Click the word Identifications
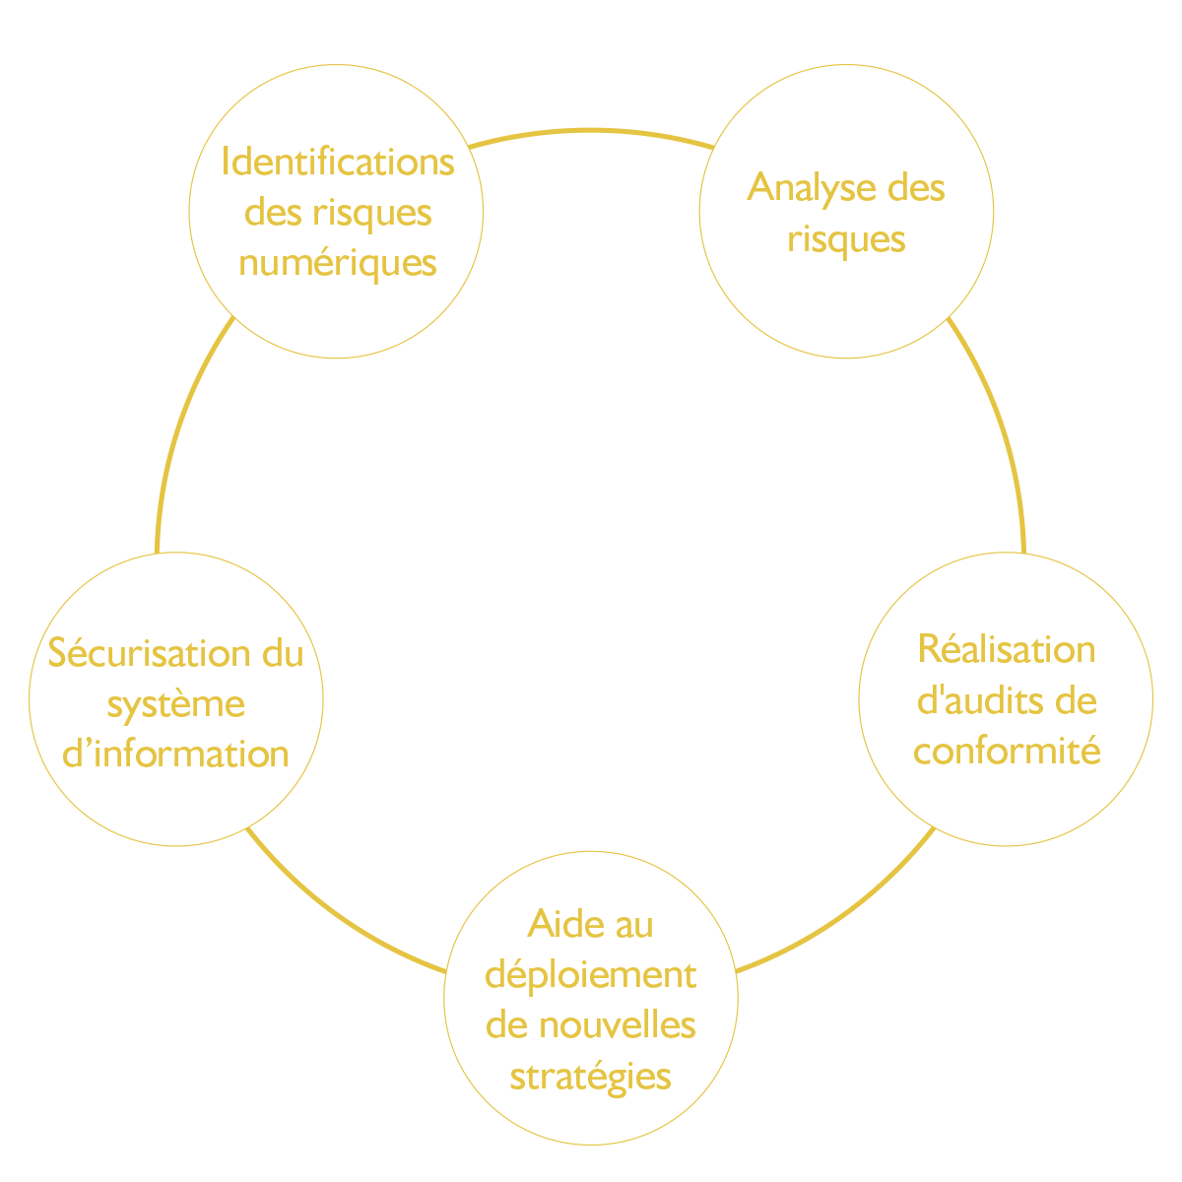pyautogui.click(x=338, y=162)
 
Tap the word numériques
pyautogui.click(x=338, y=264)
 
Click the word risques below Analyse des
pyautogui.click(x=846, y=239)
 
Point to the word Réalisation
pyautogui.click(x=1007, y=649)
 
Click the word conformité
pyautogui.click(x=1007, y=751)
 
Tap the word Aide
pyautogui.click(x=565, y=923)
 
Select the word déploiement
pyautogui.click(x=591, y=976)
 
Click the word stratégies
pyautogui.click(x=591, y=1078)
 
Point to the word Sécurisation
pyautogui.click(x=149, y=652)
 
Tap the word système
pyautogui.click(x=176, y=705)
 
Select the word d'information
pyautogui.click(x=175, y=754)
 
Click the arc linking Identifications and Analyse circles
pyautogui.click(x=591, y=130)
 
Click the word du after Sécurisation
pyautogui.click(x=283, y=653)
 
